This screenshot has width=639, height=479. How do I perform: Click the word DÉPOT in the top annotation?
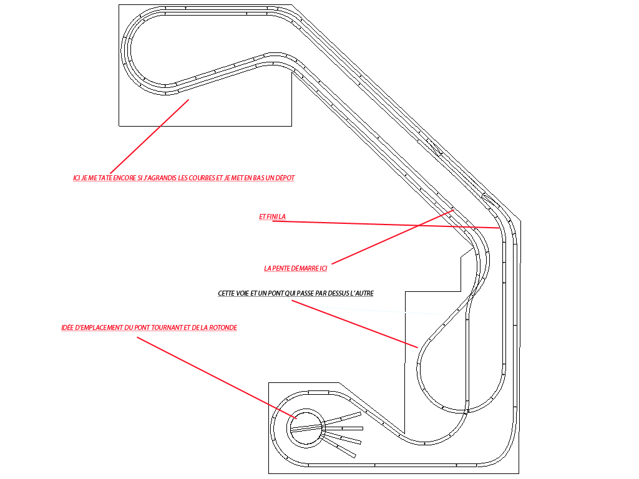[285, 178]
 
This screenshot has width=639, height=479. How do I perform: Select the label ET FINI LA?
[272, 216]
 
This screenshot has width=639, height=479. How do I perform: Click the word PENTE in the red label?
[281, 268]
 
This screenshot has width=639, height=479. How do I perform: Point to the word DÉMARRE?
[305, 268]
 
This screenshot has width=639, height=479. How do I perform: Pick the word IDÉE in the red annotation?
[67, 327]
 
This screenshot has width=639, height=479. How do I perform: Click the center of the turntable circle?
[306, 428]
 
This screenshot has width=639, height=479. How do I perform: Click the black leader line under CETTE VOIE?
[354, 324]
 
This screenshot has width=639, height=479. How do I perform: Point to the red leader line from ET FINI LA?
[386, 225]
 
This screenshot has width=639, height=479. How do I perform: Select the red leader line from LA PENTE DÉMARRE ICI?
[393, 237]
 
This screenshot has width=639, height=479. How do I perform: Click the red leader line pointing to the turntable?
[217, 378]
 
